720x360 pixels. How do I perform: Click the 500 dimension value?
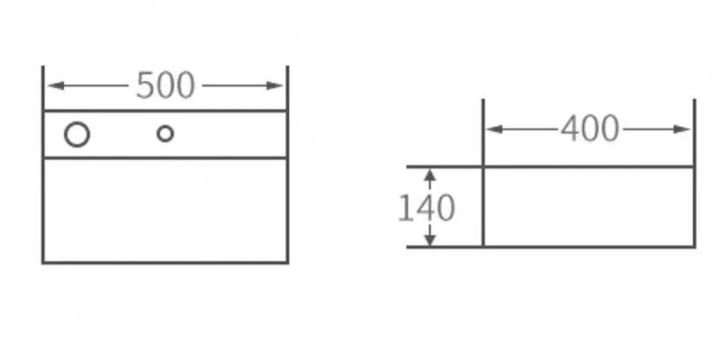click(x=166, y=85)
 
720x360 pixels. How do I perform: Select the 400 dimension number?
click(x=590, y=129)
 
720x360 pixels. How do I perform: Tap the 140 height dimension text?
click(x=427, y=208)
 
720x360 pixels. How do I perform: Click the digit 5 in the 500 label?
click(x=146, y=85)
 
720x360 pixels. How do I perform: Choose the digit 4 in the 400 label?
click(x=571, y=129)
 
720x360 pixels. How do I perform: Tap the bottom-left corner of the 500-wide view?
click(x=43, y=263)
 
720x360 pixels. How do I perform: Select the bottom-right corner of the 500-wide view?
click(x=287, y=263)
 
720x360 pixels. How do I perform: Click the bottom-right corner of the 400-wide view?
click(x=694, y=247)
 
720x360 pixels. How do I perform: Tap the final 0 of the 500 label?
click(x=185, y=85)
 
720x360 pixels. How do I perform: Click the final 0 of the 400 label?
click(x=610, y=129)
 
